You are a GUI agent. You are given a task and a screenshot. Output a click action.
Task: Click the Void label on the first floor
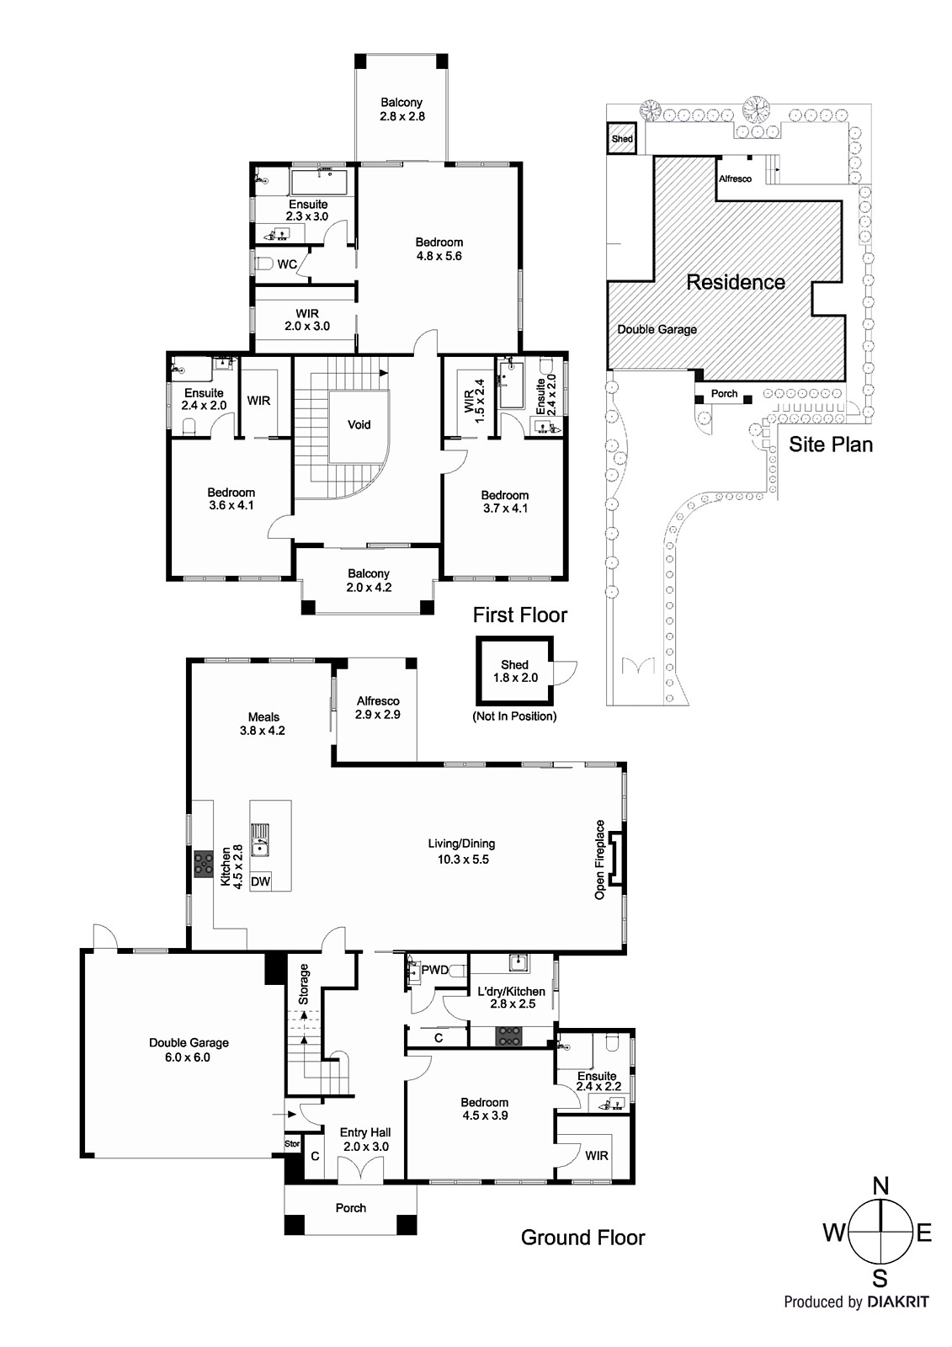(359, 425)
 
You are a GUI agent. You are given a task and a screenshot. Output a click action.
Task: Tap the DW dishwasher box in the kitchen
(260, 881)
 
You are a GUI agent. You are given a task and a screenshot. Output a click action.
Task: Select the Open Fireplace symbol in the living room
(616, 859)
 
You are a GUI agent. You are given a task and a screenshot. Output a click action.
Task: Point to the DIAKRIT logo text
(898, 1318)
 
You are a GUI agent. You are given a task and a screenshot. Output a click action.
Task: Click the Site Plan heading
(831, 445)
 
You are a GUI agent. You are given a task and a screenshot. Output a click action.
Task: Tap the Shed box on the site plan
(622, 138)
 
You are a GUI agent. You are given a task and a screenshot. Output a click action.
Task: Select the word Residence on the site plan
(736, 282)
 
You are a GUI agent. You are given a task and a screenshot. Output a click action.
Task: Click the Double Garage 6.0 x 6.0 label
(189, 1049)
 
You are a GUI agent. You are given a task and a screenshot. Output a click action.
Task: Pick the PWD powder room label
(435, 969)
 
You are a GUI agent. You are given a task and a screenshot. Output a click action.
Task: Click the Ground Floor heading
(582, 1238)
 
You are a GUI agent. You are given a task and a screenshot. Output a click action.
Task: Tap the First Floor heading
(519, 615)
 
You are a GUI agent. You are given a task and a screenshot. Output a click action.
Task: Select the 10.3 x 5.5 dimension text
(463, 860)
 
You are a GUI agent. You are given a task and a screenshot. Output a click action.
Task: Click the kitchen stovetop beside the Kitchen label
(203, 865)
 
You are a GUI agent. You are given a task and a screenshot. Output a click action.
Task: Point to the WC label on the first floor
(287, 264)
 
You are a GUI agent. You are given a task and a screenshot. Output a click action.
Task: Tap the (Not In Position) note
(515, 716)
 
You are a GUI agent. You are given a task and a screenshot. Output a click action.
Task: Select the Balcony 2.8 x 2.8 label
(402, 109)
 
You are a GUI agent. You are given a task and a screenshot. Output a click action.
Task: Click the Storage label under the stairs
(304, 984)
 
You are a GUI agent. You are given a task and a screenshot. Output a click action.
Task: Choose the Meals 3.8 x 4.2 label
(263, 724)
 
